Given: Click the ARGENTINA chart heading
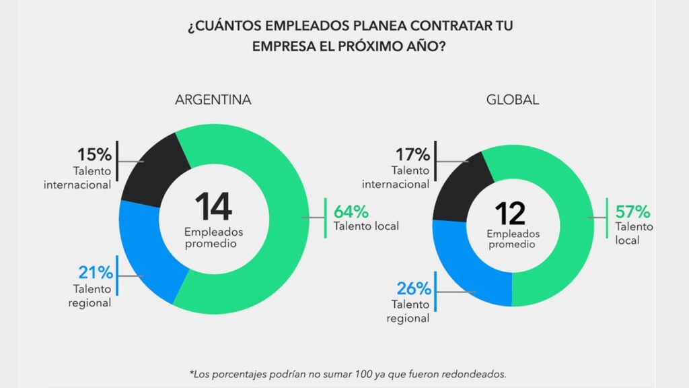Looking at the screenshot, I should tap(213, 100).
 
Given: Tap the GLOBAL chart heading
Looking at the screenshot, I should tap(513, 100).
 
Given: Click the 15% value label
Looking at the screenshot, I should tap(94, 155).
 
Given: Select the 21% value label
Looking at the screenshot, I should tap(94, 273).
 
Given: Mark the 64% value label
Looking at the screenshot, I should tap(351, 209).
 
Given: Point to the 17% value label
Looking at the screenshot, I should tap(410, 154).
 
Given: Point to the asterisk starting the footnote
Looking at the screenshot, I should tap(192, 371).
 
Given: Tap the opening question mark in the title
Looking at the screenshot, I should tap(191, 28).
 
